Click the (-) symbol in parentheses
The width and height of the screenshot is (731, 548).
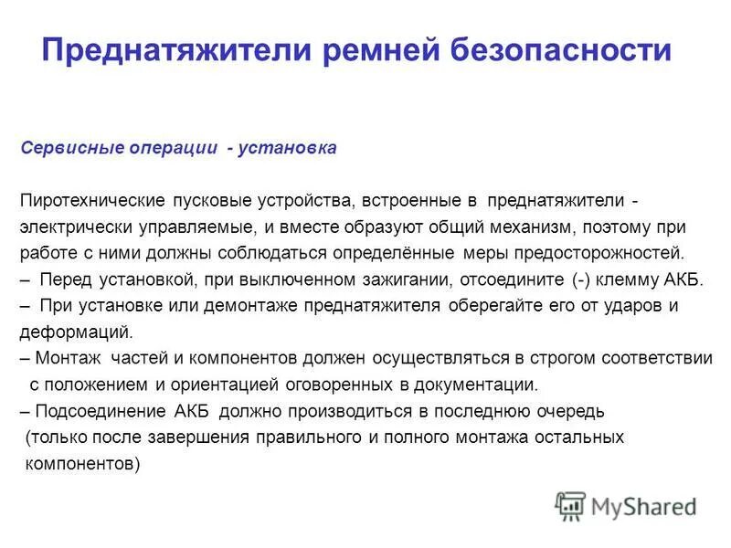point(580,279)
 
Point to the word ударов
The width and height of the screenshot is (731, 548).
point(631,306)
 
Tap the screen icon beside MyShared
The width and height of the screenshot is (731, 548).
point(569,506)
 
